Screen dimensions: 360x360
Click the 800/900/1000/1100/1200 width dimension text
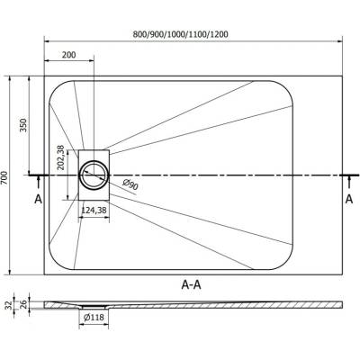(181, 34)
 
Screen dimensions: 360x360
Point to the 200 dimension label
(69, 55)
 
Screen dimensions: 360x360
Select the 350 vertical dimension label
(23, 125)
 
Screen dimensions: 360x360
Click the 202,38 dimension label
(61, 157)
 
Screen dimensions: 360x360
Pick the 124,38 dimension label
(94, 211)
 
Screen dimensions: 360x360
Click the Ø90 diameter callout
(130, 184)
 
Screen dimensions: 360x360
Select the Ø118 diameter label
(94, 317)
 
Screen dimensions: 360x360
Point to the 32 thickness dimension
(9, 305)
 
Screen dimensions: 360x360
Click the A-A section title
(192, 284)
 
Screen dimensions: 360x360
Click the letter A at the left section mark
(38, 199)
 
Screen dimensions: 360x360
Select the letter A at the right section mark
(349, 199)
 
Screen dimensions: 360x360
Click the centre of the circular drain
(94, 175)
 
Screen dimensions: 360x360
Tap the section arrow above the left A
(38, 184)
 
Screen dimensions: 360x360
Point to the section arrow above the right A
(349, 183)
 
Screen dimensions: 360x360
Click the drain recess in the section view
(94, 307)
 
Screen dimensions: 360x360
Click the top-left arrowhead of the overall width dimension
(47, 40)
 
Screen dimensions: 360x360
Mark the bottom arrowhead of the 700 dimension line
(10, 272)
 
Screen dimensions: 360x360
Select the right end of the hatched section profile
(342, 305)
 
